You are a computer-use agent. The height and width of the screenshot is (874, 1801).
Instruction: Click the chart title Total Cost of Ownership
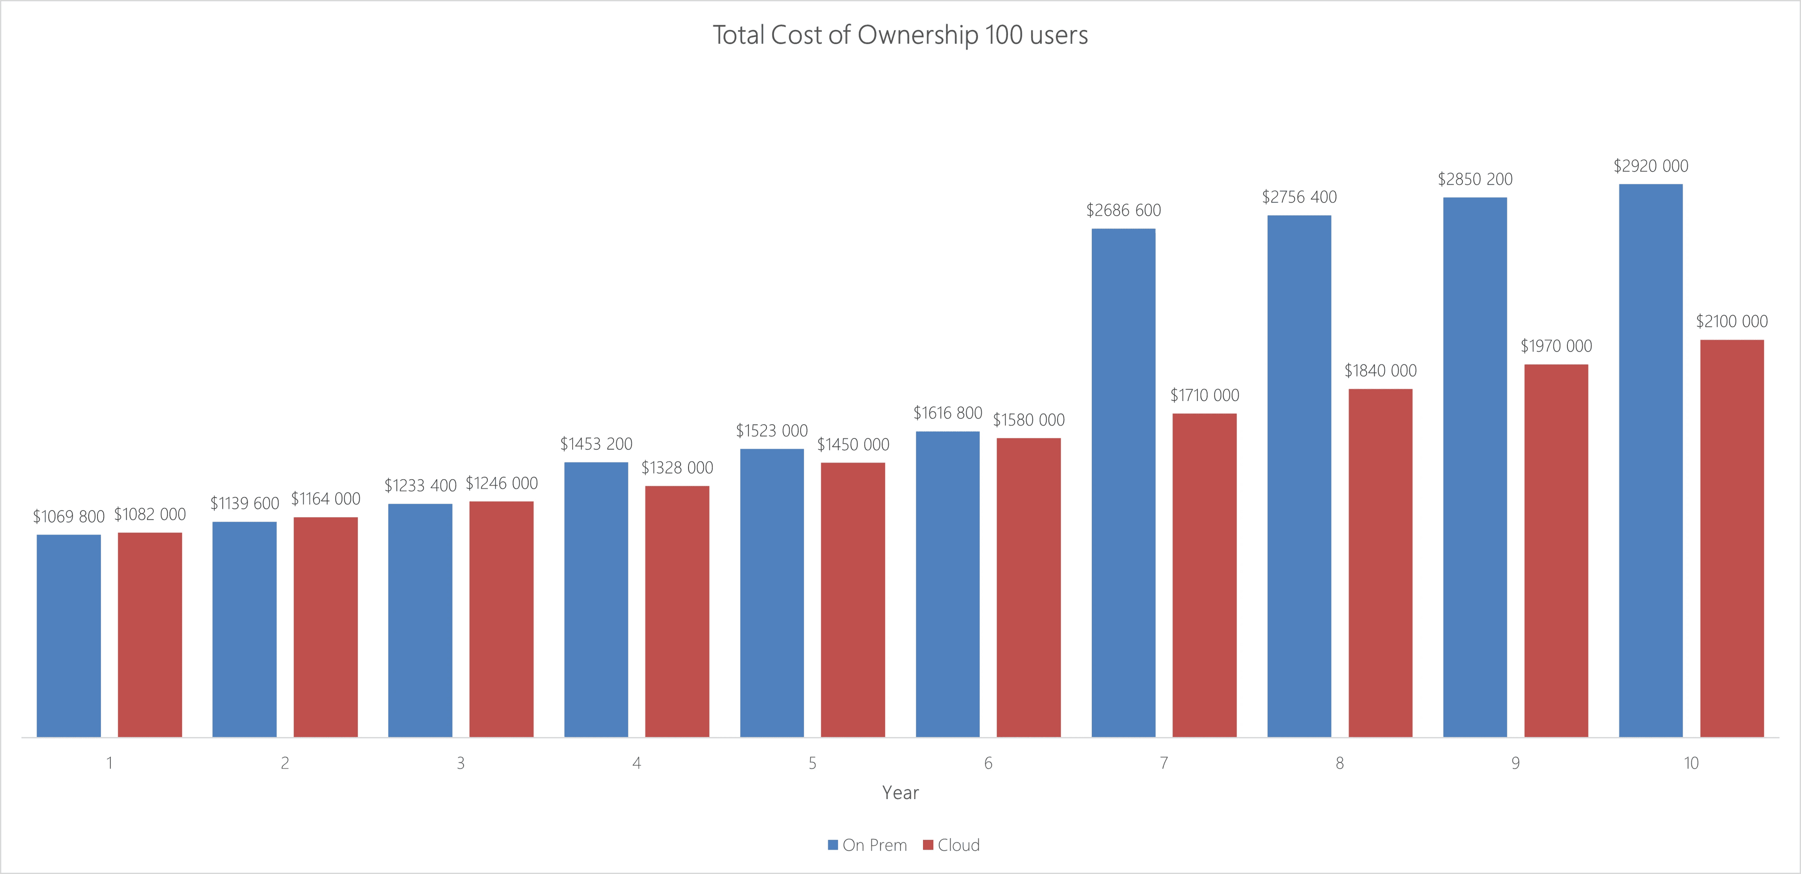(x=900, y=35)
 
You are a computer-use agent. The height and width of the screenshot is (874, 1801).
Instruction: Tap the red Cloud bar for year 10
(x=1732, y=538)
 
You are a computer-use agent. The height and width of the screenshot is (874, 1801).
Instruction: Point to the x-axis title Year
(x=900, y=792)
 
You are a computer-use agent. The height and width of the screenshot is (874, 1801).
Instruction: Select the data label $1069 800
(x=68, y=516)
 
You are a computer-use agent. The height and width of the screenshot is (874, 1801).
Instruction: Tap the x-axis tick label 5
(x=812, y=763)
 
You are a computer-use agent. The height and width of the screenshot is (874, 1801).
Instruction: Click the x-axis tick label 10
(x=1690, y=763)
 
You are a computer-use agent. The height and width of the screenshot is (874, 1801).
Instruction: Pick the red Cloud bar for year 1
(x=150, y=635)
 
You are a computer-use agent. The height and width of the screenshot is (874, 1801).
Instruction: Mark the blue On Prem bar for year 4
(x=596, y=599)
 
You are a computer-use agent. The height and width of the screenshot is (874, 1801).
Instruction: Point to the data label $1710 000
(x=1204, y=395)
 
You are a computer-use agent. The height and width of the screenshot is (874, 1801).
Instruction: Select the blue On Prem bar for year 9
(x=1475, y=467)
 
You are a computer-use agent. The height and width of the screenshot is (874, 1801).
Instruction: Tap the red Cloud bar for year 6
(x=1029, y=588)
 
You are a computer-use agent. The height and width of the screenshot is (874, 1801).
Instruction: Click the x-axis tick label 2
(x=285, y=763)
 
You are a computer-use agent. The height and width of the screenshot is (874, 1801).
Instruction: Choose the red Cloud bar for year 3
(x=501, y=619)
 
